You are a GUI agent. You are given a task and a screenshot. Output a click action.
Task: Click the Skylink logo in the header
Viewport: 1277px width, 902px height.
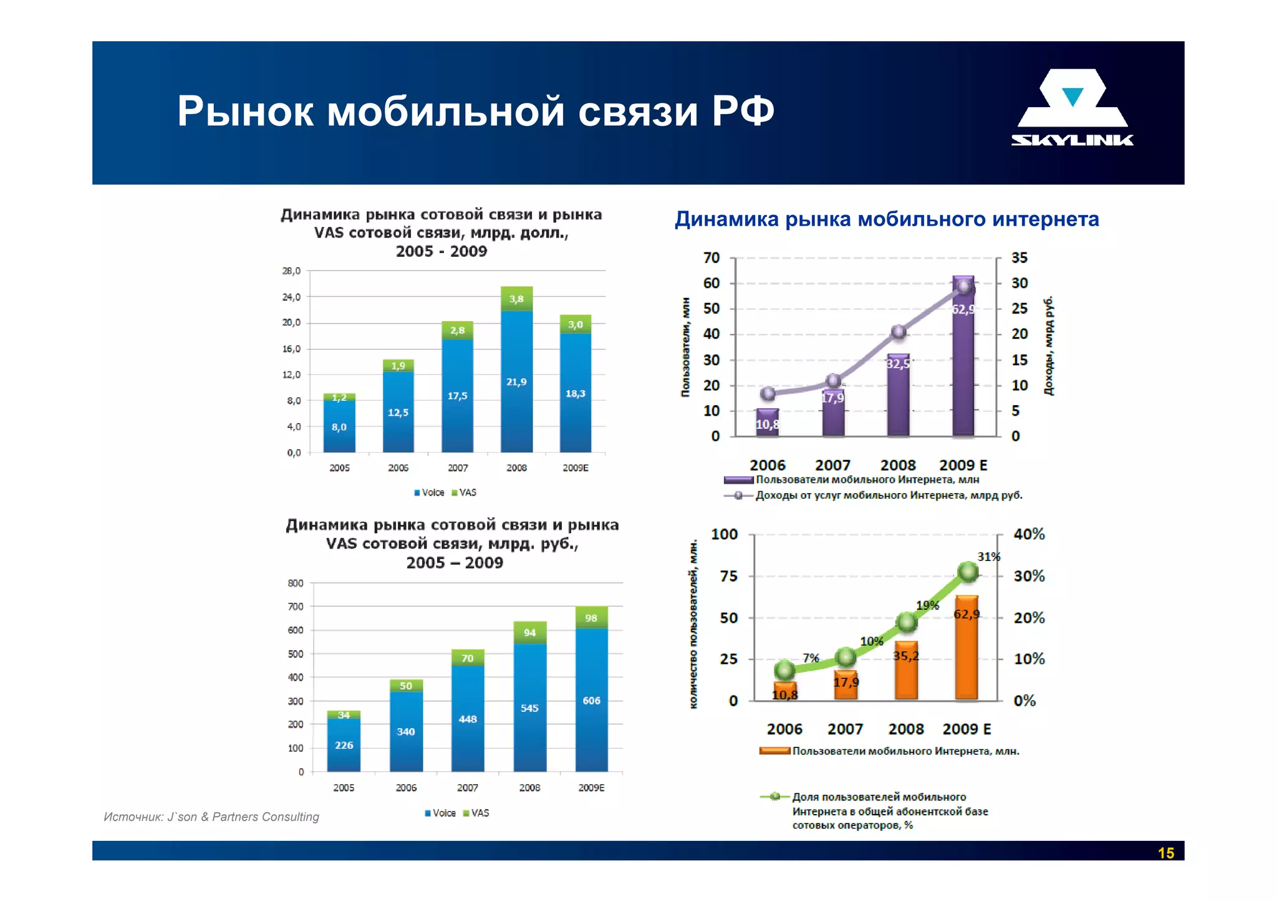point(1072,108)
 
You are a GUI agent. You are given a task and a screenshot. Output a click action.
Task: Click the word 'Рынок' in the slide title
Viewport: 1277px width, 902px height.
point(245,112)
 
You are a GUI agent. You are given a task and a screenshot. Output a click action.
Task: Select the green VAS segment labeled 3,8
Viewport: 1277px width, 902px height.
point(516,299)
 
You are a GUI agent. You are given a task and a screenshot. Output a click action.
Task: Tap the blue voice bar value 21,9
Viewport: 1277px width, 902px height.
point(516,381)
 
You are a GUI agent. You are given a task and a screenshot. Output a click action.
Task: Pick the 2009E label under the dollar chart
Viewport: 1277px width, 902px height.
point(575,468)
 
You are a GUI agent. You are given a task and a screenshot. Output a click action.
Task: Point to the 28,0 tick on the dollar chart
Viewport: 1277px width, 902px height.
point(291,271)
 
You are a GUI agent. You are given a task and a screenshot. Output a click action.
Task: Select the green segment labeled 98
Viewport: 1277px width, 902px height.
point(591,618)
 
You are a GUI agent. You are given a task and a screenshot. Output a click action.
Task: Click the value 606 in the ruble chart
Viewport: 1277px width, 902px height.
point(591,701)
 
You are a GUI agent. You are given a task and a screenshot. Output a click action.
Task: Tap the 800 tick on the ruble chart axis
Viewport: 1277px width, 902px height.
point(296,583)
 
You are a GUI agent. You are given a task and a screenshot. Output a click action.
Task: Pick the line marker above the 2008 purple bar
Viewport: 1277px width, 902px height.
point(899,332)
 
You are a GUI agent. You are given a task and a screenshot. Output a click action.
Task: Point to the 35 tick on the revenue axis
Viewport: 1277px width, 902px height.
point(1019,258)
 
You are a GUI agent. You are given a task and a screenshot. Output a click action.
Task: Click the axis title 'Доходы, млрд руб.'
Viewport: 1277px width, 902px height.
point(1049,346)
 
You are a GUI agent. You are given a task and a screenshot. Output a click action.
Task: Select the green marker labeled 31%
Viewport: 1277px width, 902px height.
point(968,571)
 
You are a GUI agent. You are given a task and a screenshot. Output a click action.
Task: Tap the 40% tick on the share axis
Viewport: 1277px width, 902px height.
point(1029,534)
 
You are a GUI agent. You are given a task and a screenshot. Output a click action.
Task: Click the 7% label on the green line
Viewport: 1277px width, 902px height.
point(811,658)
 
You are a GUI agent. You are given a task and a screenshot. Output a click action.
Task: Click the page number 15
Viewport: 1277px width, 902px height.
point(1165,853)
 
